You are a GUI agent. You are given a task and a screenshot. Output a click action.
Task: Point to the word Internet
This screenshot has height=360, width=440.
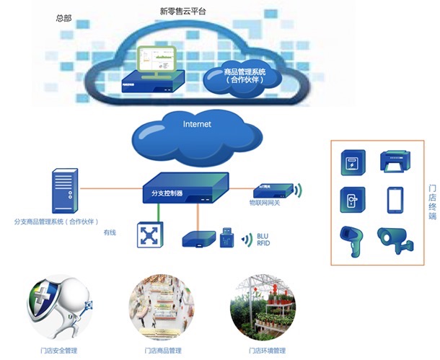pos(197,124)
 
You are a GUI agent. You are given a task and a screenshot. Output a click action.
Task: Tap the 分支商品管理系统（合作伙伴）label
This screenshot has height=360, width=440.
pos(56,221)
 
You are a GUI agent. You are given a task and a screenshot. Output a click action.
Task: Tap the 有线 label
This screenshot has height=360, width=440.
pos(110,233)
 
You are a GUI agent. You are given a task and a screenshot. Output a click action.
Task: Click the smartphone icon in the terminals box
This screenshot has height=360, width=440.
pos(394,200)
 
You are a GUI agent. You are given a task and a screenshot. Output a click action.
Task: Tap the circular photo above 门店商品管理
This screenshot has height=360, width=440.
pos(162,307)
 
